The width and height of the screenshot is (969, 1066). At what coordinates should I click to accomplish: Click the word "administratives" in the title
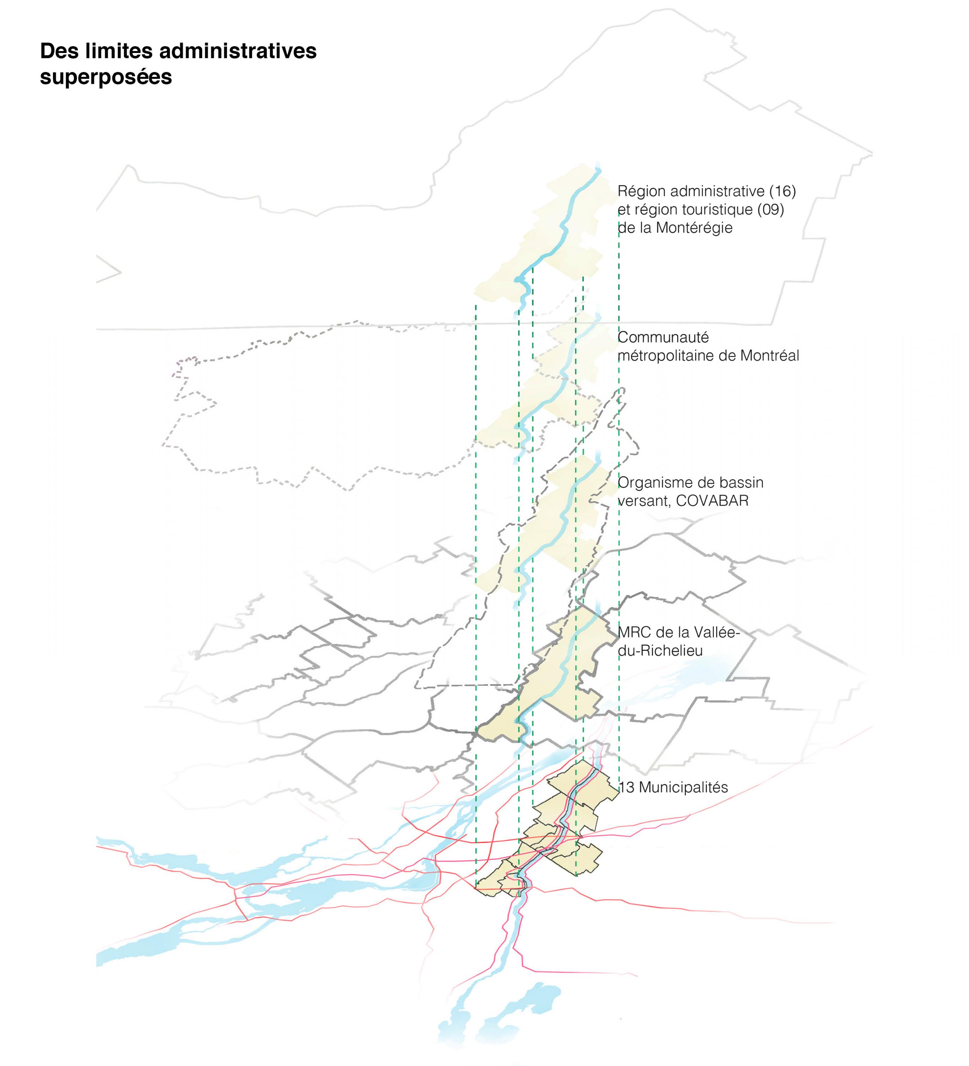click(x=237, y=51)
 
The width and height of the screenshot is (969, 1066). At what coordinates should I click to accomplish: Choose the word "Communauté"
click(x=663, y=337)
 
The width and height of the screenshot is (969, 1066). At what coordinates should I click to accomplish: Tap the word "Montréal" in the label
click(x=769, y=356)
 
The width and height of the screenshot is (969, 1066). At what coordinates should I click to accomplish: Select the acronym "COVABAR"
click(x=712, y=501)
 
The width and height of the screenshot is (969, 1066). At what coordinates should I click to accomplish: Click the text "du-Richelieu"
click(x=660, y=651)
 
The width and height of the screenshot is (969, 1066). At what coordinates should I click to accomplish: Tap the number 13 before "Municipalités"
click(x=626, y=787)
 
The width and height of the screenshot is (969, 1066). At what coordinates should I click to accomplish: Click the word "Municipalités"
click(x=684, y=788)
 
